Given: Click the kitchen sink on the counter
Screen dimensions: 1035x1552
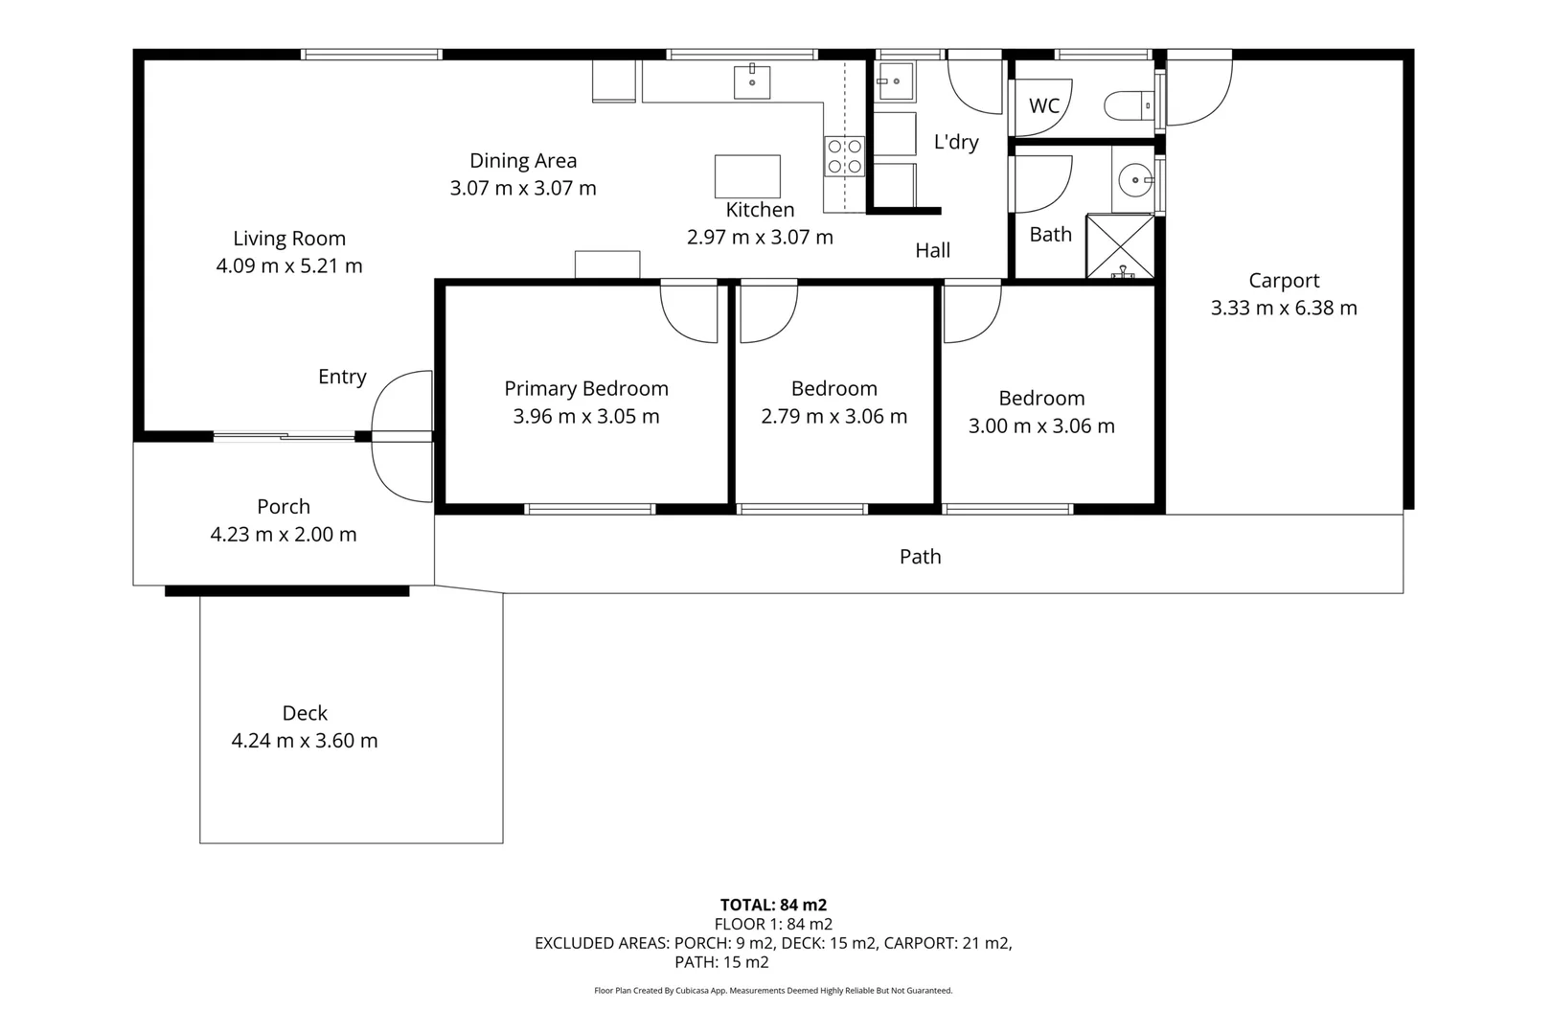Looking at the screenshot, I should tap(752, 82).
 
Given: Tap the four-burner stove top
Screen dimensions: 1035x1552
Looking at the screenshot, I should tap(844, 156).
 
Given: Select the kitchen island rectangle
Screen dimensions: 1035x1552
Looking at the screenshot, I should tap(747, 176).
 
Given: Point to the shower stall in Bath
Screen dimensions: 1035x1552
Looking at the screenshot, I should tap(1119, 247).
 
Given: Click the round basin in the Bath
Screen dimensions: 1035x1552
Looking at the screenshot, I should tap(1135, 179).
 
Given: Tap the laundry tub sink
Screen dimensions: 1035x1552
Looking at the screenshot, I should tap(896, 81).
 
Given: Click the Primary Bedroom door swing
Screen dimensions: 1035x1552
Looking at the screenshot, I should tap(689, 312).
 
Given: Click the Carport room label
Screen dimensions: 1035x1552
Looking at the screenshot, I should tap(1284, 281).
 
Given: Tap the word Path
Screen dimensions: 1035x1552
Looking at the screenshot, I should tap(920, 557).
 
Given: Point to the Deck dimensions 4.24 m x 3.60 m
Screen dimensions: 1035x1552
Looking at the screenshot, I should tap(305, 741).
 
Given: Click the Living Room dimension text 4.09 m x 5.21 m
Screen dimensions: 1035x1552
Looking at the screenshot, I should tap(289, 266).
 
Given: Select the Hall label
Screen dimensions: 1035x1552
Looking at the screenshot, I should tap(932, 251).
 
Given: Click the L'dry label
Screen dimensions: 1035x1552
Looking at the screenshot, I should tap(956, 143).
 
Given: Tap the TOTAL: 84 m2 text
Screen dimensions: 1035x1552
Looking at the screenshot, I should tap(773, 905).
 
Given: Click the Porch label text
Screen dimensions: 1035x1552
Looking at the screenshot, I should tap(284, 507).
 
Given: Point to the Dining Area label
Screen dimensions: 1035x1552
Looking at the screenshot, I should tap(523, 161).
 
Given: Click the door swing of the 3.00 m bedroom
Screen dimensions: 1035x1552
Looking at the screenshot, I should tap(971, 312).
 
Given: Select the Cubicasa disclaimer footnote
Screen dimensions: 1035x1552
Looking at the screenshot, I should tap(773, 991).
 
